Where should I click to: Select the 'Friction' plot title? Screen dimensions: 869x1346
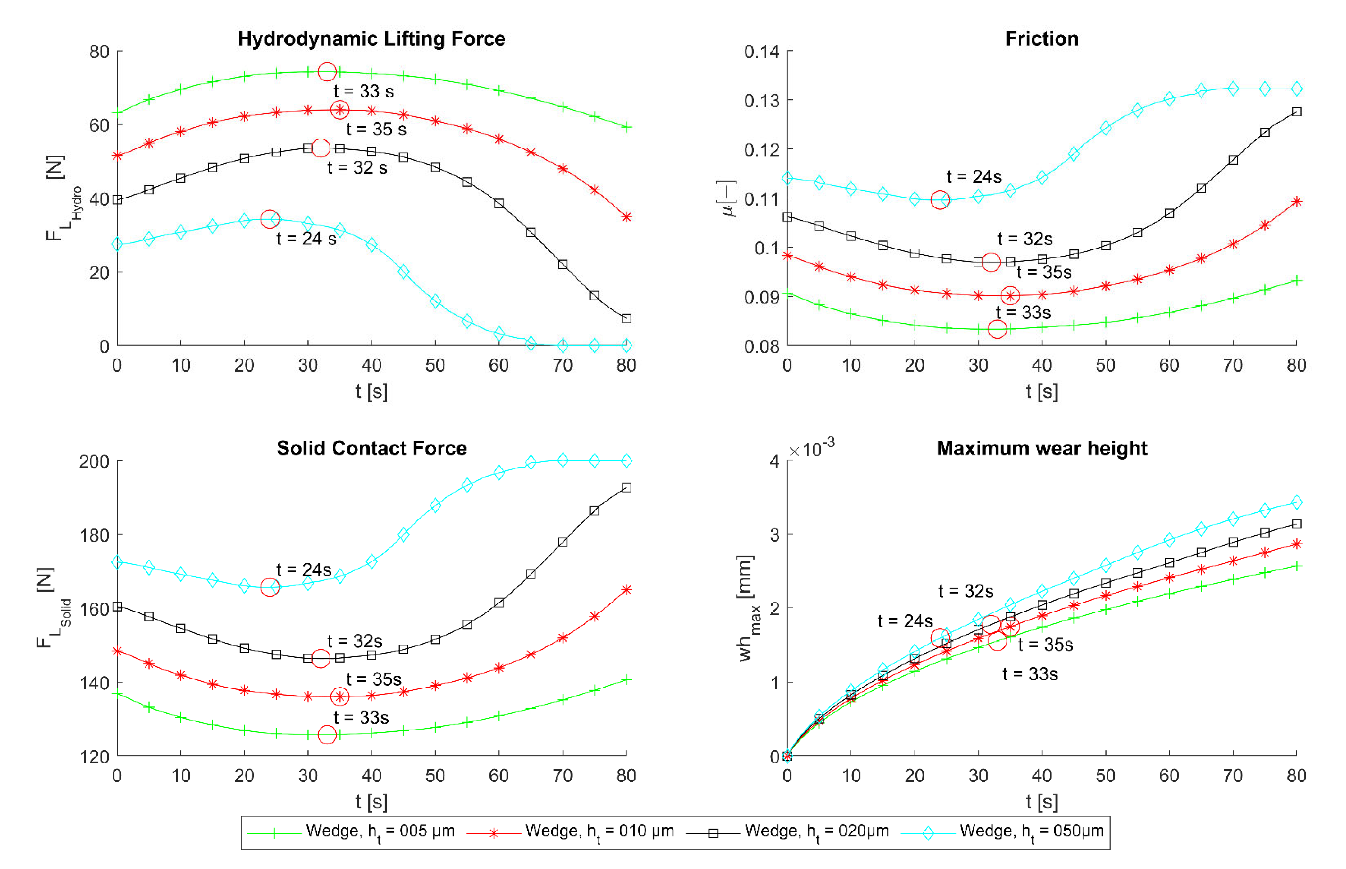coord(1041,39)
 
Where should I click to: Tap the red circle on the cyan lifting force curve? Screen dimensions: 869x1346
coord(270,219)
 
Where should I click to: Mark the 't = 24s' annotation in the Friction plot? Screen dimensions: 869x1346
coord(974,177)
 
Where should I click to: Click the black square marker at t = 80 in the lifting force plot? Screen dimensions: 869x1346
coord(626,319)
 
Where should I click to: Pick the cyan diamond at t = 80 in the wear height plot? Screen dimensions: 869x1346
coord(1296,502)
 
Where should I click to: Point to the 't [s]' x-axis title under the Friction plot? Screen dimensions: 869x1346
coord(1041,391)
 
